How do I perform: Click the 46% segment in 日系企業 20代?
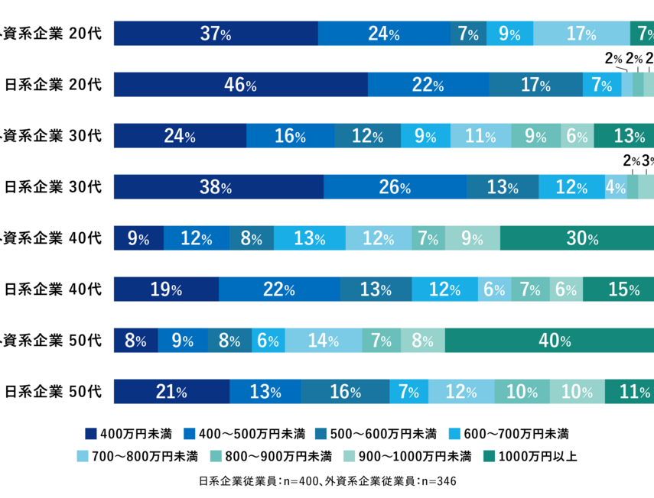point(240,85)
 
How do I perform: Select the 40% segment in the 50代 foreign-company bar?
point(548,341)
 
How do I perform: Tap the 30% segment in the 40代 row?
point(577,238)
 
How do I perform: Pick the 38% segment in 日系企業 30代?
point(218,187)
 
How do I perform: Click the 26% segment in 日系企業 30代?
point(395,187)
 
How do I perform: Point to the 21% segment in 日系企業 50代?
point(171,393)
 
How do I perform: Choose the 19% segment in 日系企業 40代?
point(166,289)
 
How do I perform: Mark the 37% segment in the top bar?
point(215,34)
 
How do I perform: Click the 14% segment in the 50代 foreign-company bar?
point(323,341)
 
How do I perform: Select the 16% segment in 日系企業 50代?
point(344,393)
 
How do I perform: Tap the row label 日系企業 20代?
point(53,85)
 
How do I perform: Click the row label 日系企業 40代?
point(53,289)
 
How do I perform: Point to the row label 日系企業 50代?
point(53,393)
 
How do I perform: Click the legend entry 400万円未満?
point(133,435)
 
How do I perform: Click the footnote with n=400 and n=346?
point(327,481)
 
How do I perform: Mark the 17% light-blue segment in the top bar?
point(581,34)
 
